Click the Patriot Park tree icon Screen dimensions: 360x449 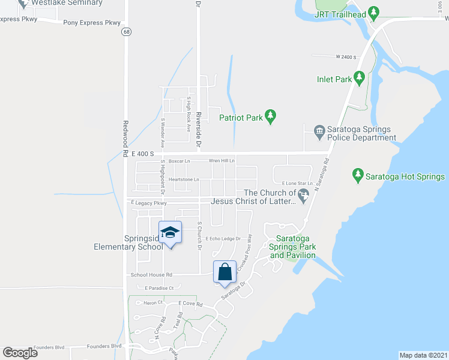pyautogui.click(x=270, y=117)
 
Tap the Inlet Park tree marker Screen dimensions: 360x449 pyautogui.click(x=359, y=78)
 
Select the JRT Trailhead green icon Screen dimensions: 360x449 pyautogui.click(x=374, y=11)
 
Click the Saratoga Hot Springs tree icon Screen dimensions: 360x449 pyautogui.click(x=358, y=176)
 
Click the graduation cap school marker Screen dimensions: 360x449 pyautogui.click(x=170, y=233)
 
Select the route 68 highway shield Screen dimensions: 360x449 pyautogui.click(x=125, y=32)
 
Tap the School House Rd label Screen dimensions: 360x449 pyautogui.click(x=151, y=275)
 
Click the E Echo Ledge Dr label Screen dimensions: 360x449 pyautogui.click(x=223, y=239)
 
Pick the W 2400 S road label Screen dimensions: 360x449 pyautogui.click(x=346, y=56)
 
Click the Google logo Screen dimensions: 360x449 pyautogui.click(x=20, y=353)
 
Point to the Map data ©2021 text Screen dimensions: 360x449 pyautogui.click(x=423, y=355)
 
